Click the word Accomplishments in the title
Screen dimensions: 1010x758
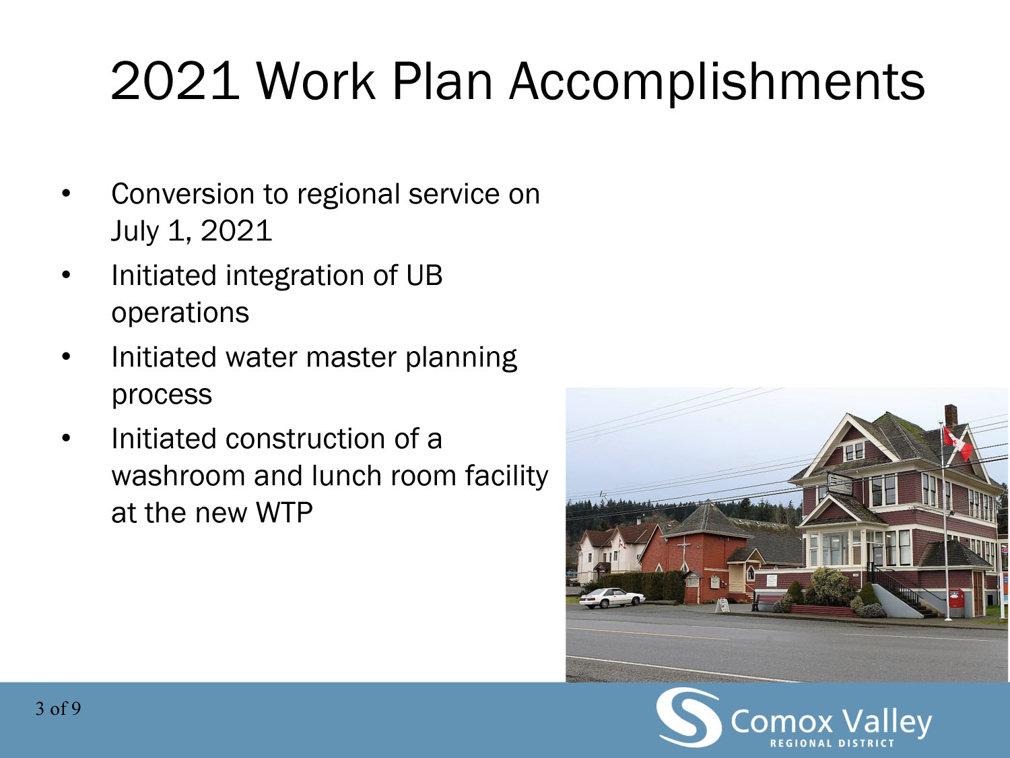coord(717,82)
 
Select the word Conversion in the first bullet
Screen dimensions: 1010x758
coord(182,194)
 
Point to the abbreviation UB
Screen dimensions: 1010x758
coord(424,275)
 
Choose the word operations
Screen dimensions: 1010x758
coord(180,313)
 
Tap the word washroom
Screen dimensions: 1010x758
coord(178,476)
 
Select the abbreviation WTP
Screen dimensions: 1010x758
coord(284,512)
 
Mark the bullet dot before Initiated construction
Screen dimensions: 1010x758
coord(66,438)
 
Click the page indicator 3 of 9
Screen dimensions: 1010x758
coord(58,709)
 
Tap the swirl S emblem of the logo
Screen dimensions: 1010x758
coord(689,717)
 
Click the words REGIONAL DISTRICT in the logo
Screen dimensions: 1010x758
coord(832,743)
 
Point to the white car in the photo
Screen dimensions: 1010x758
coord(612,598)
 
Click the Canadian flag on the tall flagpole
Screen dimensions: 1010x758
coord(958,443)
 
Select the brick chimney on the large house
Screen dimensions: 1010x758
coord(951,415)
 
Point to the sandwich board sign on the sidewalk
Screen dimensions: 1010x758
coord(722,605)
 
